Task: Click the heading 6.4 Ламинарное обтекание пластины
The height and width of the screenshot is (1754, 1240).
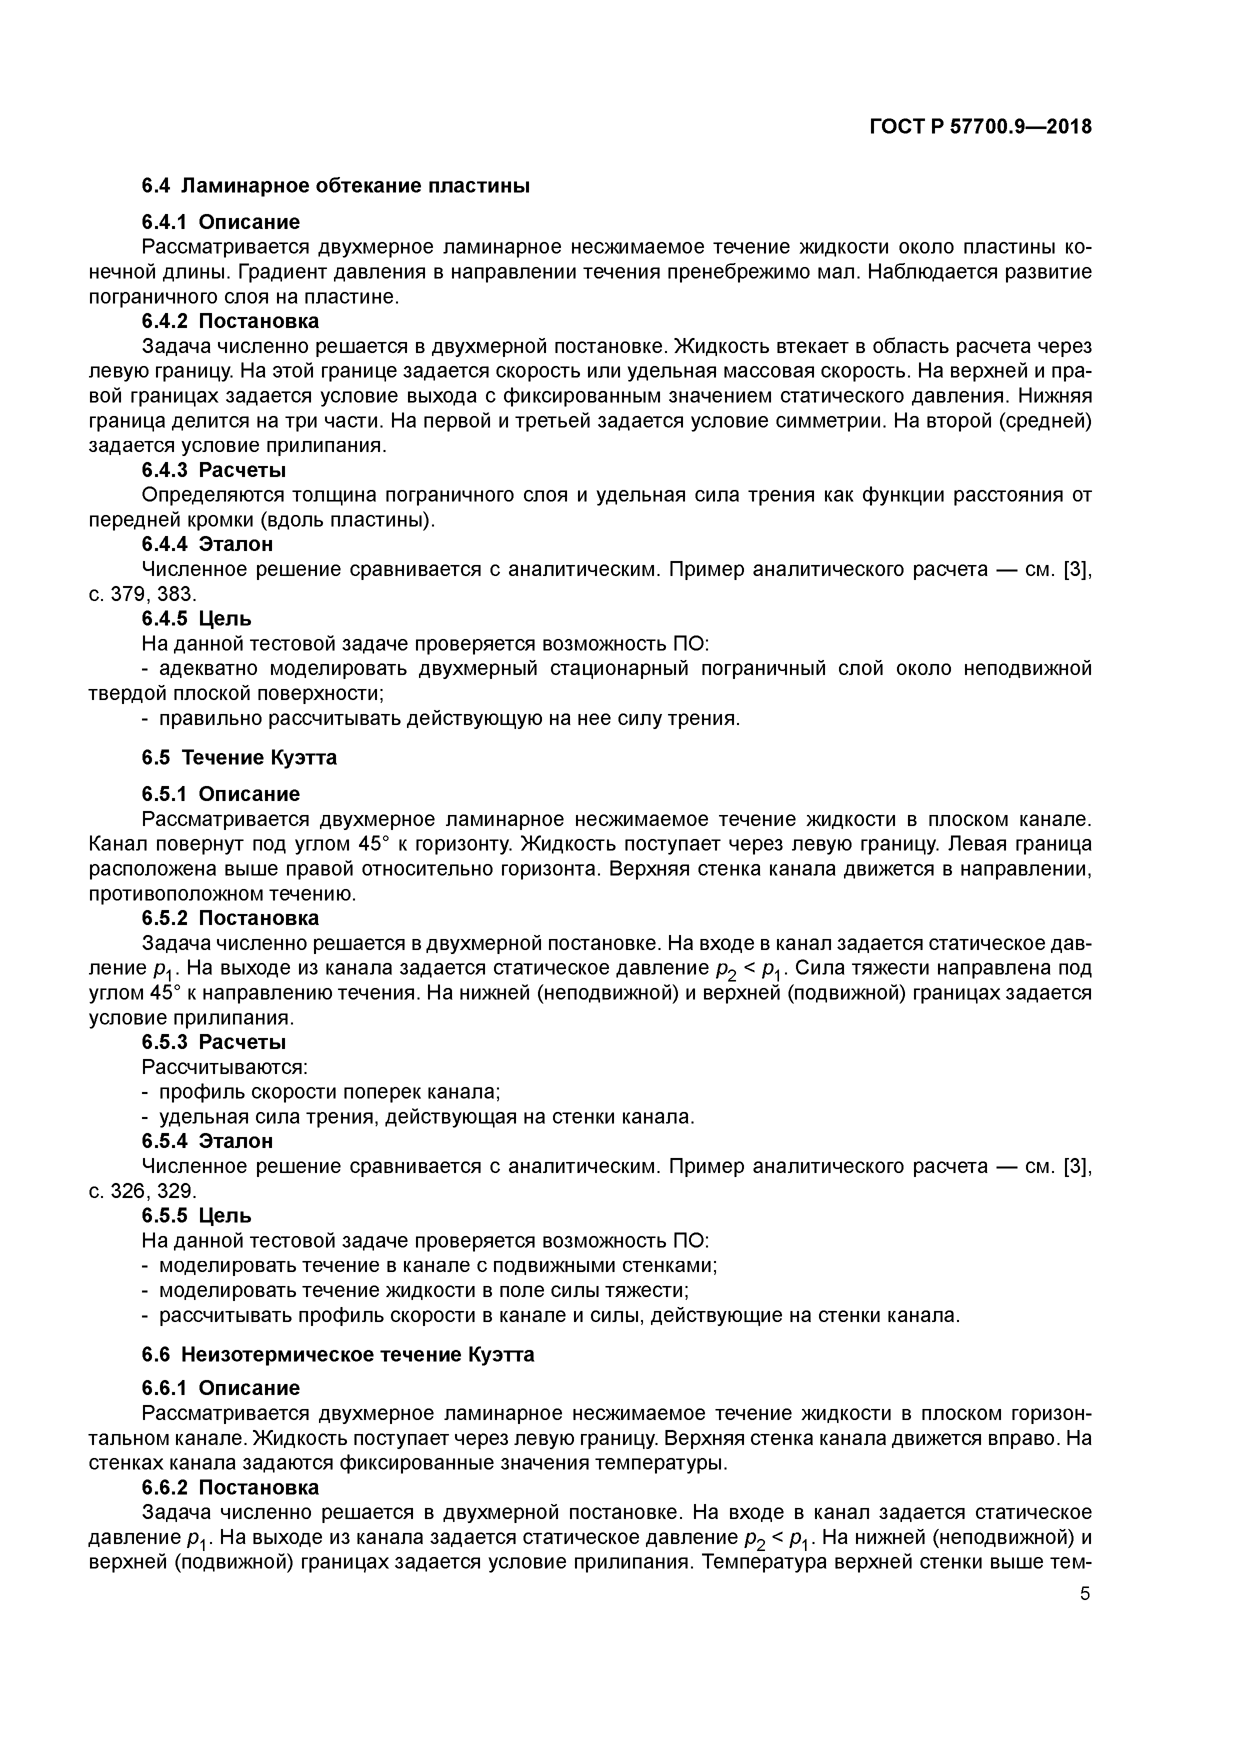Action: pos(335,185)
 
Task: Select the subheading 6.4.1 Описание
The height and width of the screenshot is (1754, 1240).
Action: pos(221,222)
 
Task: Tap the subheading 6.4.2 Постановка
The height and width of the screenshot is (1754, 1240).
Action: pos(230,321)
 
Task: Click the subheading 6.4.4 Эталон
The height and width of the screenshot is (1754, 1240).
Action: pos(207,544)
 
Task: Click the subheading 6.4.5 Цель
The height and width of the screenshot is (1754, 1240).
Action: pos(196,618)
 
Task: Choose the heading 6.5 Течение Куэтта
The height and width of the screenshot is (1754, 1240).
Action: pos(239,758)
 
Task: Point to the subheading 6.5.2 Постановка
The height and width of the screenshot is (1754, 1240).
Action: pos(230,917)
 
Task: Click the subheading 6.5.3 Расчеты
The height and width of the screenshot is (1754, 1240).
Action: pos(214,1042)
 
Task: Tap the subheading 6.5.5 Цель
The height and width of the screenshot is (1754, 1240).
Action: pos(196,1214)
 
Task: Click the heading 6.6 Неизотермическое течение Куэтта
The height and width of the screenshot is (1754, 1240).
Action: pos(337,1354)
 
